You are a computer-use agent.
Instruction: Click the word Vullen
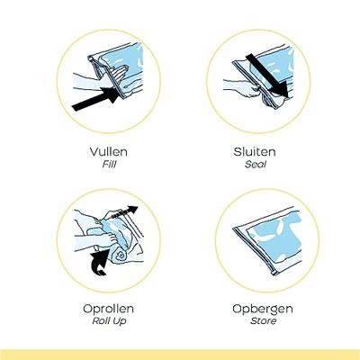coord(109,151)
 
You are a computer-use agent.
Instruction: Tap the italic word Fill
coord(109,165)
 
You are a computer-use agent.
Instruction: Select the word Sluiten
coord(255,151)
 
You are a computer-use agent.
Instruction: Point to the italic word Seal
coord(256,165)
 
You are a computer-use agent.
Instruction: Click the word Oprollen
coord(108,309)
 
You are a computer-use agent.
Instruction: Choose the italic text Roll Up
coord(109,321)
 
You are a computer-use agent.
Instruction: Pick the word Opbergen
coord(263,309)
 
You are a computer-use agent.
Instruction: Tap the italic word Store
coord(263,321)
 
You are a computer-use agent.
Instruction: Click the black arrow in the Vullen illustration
coord(95,99)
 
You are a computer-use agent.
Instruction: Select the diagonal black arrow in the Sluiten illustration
coord(267,76)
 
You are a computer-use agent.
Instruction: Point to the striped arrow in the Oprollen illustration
coord(124,213)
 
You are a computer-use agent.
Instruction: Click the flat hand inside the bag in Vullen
coord(118,74)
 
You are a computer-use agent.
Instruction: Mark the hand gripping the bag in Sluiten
coord(247,87)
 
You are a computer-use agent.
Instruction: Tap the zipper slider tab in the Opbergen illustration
coord(274,272)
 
